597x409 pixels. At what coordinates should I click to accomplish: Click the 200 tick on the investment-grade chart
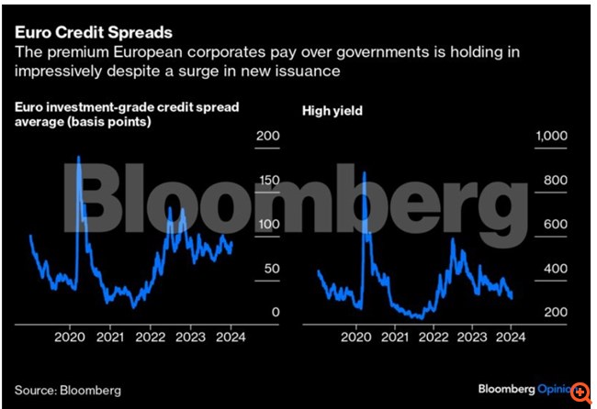(267, 136)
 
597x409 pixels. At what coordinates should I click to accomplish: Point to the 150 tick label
(267, 180)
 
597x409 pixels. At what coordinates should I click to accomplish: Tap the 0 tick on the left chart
(274, 313)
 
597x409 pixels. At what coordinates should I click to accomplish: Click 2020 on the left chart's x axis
(69, 337)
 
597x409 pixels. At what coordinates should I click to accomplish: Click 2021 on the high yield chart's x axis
(395, 337)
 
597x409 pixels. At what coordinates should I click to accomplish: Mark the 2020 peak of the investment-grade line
(78, 157)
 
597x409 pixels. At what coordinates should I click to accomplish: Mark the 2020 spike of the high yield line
(365, 171)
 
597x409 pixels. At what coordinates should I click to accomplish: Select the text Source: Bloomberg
(67, 390)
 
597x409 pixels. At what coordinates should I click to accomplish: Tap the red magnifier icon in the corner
(580, 392)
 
